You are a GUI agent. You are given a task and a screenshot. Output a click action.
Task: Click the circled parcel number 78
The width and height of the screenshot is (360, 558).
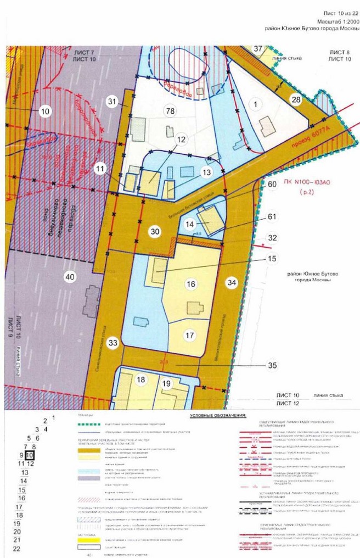[170, 111]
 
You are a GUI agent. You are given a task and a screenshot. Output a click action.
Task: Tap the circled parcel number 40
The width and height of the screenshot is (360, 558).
[70, 276]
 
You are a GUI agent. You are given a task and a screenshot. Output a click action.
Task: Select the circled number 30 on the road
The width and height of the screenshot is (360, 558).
[155, 232]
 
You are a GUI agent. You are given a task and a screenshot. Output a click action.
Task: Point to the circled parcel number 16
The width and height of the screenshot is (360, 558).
[191, 283]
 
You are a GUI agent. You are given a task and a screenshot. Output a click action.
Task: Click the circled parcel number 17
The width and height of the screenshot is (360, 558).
[190, 334]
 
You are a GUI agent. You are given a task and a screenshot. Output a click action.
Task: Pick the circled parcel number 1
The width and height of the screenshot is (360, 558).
[254, 103]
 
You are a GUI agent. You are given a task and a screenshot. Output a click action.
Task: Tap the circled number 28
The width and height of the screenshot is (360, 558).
[296, 99]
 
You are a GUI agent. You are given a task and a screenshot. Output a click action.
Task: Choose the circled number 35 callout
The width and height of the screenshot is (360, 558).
[257, 365]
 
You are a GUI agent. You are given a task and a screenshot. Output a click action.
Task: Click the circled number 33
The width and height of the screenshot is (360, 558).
[113, 343]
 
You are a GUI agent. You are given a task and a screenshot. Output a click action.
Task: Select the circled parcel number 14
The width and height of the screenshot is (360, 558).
[189, 224]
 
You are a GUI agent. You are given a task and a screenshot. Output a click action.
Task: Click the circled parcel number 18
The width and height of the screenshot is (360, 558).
[140, 380]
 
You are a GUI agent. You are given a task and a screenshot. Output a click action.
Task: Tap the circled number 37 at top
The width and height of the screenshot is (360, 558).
[258, 49]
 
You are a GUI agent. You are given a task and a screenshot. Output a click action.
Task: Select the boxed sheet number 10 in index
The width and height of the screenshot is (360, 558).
[30, 455]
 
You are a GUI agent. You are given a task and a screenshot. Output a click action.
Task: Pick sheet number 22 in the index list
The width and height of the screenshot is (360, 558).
[16, 548]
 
